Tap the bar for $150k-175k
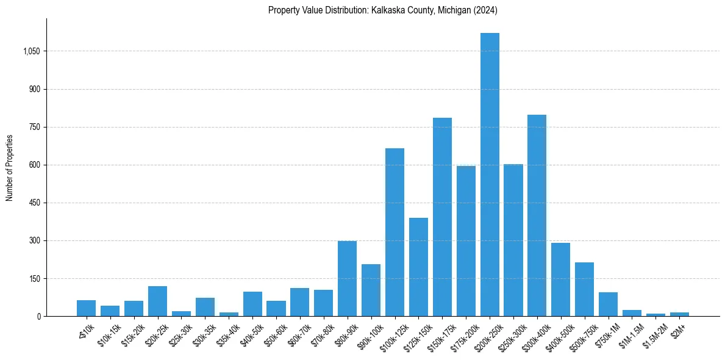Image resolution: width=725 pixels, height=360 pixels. (x=442, y=217)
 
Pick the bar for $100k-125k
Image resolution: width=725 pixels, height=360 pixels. (x=395, y=232)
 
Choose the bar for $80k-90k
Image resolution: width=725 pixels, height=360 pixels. (x=347, y=278)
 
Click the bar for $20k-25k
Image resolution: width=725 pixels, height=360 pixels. (x=157, y=301)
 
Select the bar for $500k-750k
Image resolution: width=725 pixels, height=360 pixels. (x=584, y=289)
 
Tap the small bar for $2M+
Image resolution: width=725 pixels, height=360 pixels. (x=679, y=314)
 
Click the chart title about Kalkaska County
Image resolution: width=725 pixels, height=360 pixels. (x=383, y=10)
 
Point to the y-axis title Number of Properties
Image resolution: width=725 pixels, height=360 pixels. (x=10, y=167)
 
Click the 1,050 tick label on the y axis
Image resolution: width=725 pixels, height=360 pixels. (x=31, y=51)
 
